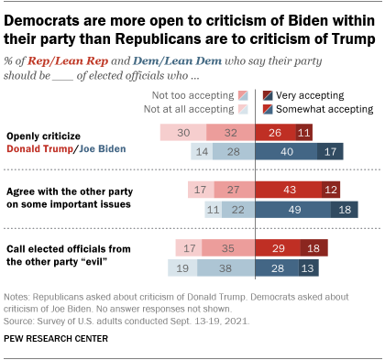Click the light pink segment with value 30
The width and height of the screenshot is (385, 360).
182,133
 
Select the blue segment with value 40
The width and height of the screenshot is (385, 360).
285,152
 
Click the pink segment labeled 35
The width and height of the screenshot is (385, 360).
229,249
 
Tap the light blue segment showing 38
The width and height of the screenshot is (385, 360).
225,268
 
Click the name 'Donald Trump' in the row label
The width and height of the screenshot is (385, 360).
38,150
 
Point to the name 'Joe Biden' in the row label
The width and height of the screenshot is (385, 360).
102,150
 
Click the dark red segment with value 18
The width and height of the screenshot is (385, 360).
313,249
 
